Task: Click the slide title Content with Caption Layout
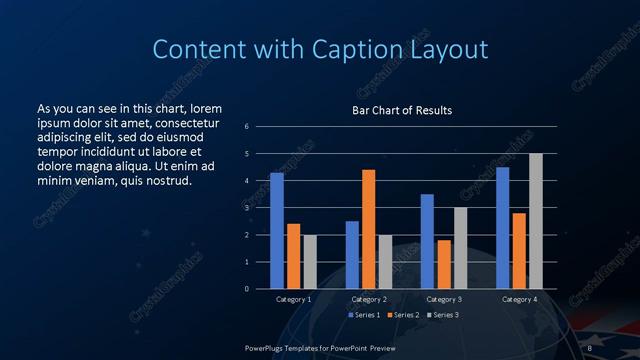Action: pos(320,49)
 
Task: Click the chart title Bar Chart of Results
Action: pos(402,110)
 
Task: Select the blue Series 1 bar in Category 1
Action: pos(276,231)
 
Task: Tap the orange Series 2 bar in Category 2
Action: pos(368,229)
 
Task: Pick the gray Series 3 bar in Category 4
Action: pos(535,221)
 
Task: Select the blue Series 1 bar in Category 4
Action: pos(502,228)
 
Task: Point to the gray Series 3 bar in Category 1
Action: pos(309,262)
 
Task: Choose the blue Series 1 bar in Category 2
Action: pos(352,255)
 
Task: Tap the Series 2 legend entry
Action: pos(403,315)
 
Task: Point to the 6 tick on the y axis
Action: pos(247,126)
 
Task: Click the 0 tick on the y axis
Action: pos(247,289)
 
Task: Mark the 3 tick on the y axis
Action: pos(247,208)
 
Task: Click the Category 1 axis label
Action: pos(293,299)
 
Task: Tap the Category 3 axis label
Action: pos(443,299)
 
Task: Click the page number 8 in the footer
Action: pos(590,347)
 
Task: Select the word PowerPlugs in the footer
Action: pos(264,347)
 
